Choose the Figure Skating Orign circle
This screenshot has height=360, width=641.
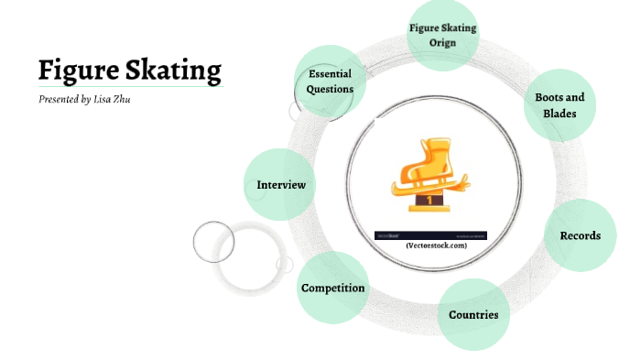tap(442, 35)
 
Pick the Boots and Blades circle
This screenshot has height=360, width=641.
tap(560, 105)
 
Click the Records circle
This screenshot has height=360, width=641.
tap(580, 235)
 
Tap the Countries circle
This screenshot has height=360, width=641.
tap(473, 314)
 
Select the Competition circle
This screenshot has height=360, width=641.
tap(333, 288)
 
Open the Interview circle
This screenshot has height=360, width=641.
tap(280, 185)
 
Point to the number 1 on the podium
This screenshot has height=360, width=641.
tap(429, 200)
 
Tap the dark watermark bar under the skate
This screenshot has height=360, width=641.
tap(430, 235)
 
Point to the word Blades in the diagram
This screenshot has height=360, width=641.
tap(559, 114)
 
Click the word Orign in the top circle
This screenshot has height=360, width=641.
tap(442, 41)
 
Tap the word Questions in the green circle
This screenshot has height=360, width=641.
tap(331, 90)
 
